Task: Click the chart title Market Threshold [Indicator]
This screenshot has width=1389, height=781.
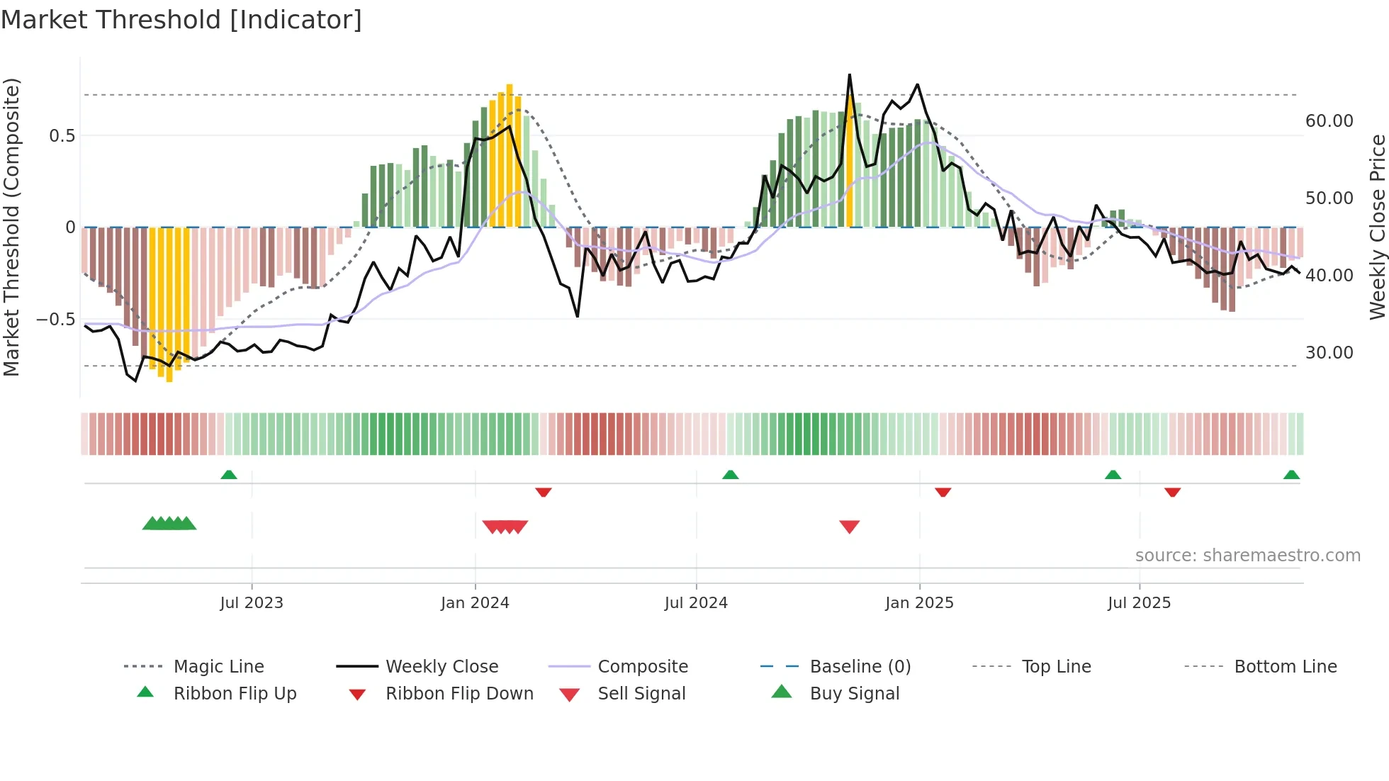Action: (181, 20)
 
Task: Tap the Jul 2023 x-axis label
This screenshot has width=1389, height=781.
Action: (252, 603)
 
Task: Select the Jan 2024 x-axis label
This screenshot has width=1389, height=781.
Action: (475, 603)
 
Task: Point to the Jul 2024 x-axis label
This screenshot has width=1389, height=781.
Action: (696, 603)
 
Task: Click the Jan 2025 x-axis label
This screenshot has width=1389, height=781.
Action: (919, 603)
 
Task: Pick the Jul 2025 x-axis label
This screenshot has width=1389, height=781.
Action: (1139, 603)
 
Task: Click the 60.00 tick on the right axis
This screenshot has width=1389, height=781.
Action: (1329, 121)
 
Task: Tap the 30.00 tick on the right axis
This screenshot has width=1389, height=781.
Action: (1329, 353)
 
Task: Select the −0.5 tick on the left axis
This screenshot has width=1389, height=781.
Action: (55, 320)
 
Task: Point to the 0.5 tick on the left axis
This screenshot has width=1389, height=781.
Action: (62, 136)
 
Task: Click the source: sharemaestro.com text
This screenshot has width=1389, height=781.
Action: (1247, 556)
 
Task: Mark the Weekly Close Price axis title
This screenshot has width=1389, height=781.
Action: (1377, 227)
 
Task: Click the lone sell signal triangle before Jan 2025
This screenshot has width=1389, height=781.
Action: (849, 526)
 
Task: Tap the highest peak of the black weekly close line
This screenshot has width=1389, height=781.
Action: (849, 75)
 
